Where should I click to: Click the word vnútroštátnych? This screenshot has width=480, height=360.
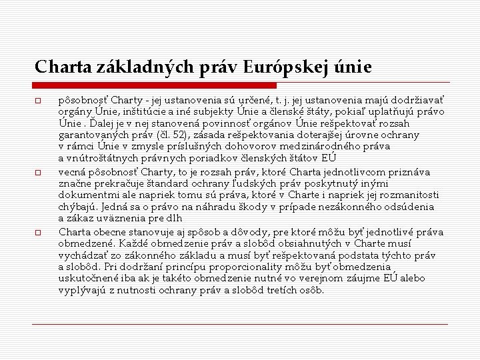point(102,158)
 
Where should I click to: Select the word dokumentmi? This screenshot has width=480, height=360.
point(88,195)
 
